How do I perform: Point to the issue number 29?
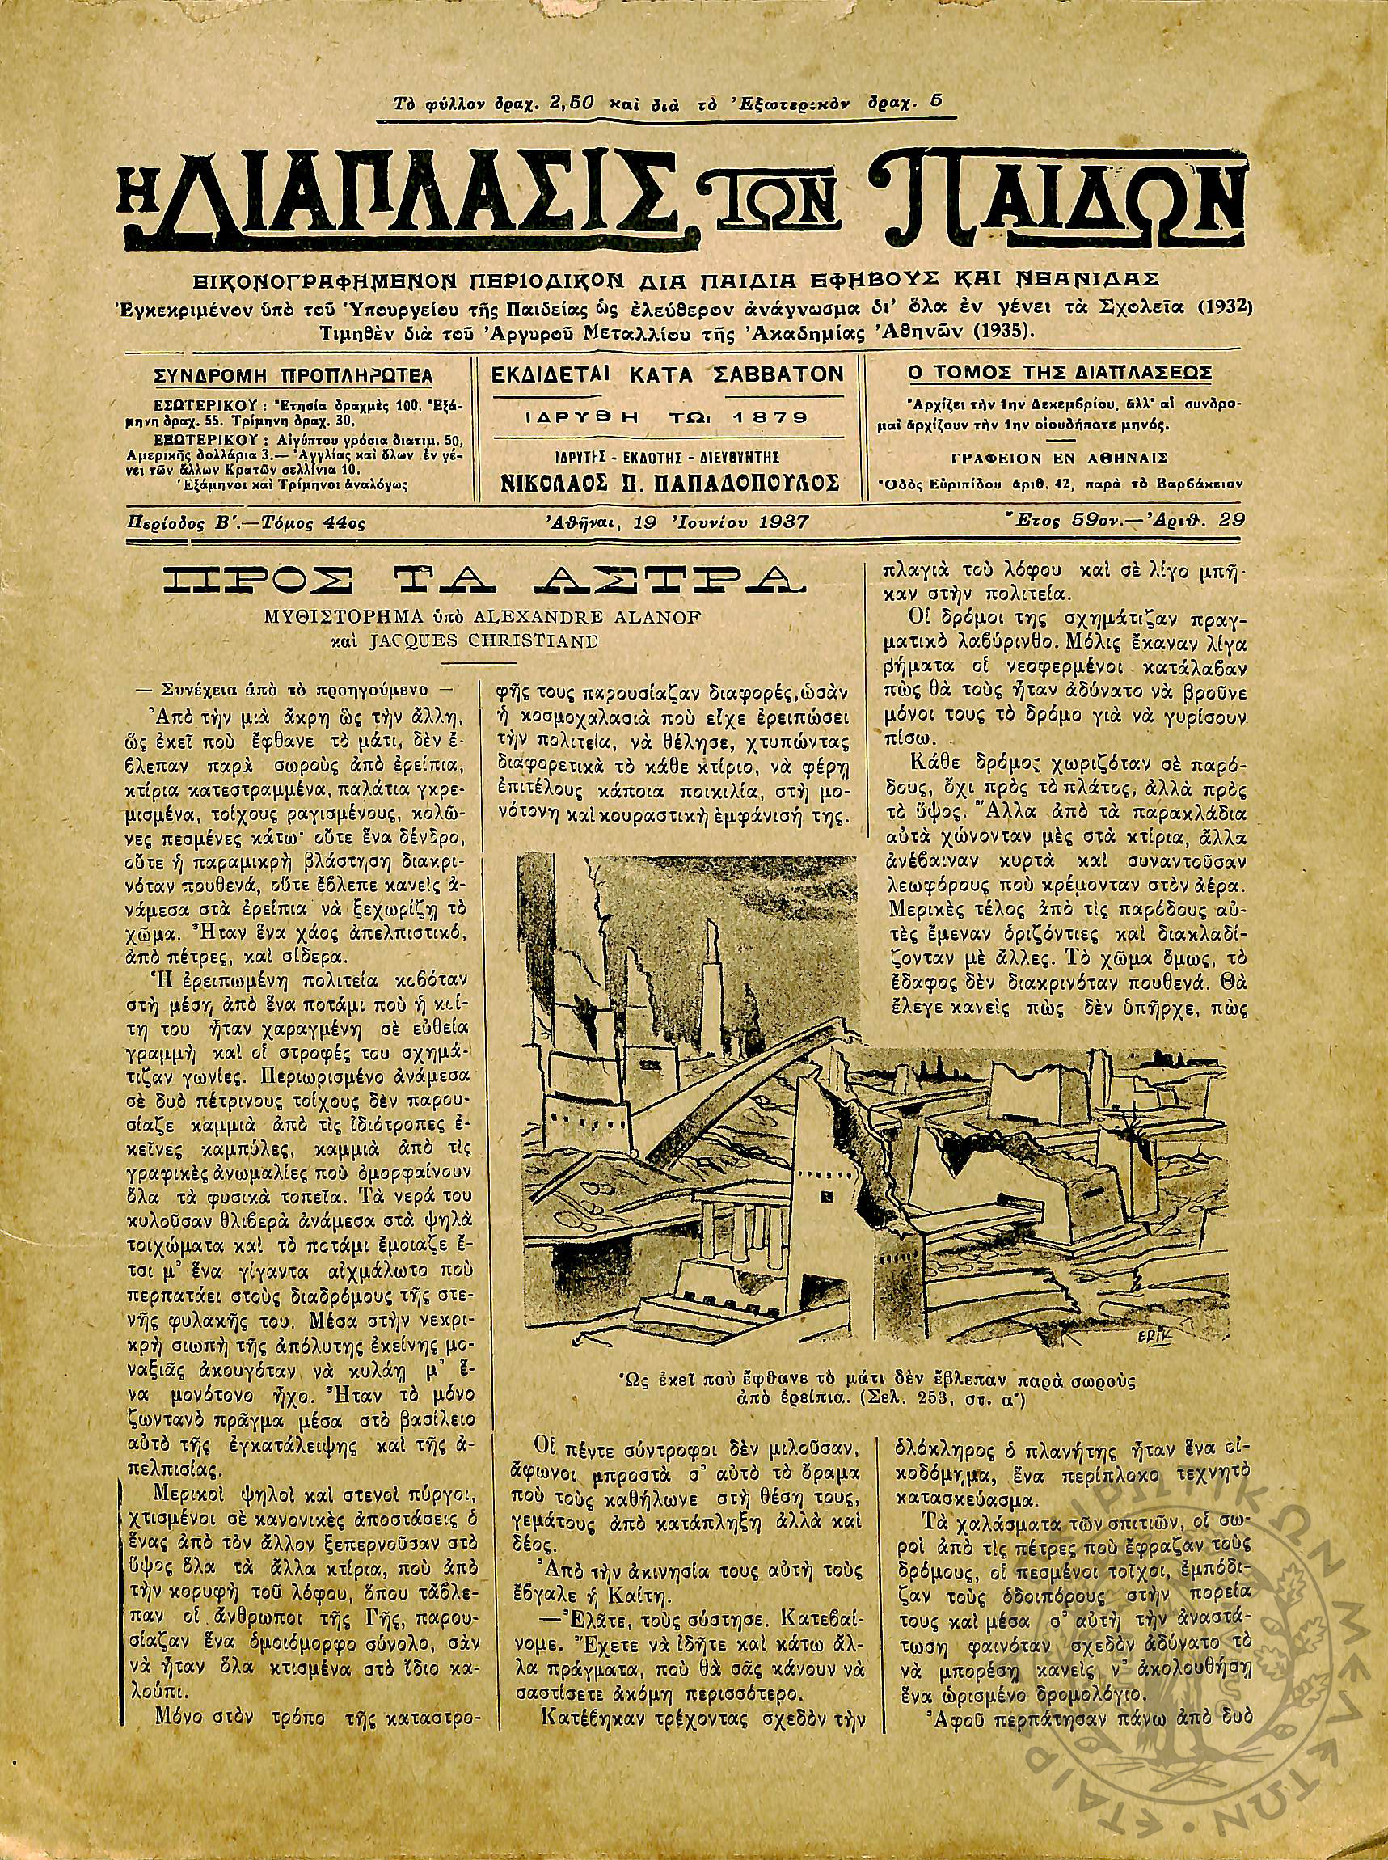pos(1234,521)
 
